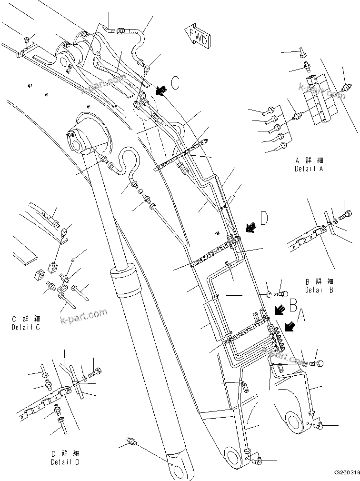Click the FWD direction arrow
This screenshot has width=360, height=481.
196,37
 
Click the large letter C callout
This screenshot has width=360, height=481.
175,84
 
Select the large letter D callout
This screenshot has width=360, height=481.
263,219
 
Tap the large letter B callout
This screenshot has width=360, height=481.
294,303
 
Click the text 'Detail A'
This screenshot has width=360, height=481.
309,169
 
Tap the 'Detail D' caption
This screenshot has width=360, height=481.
66,461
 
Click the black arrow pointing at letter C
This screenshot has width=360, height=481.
162,90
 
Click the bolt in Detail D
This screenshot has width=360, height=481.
97,371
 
